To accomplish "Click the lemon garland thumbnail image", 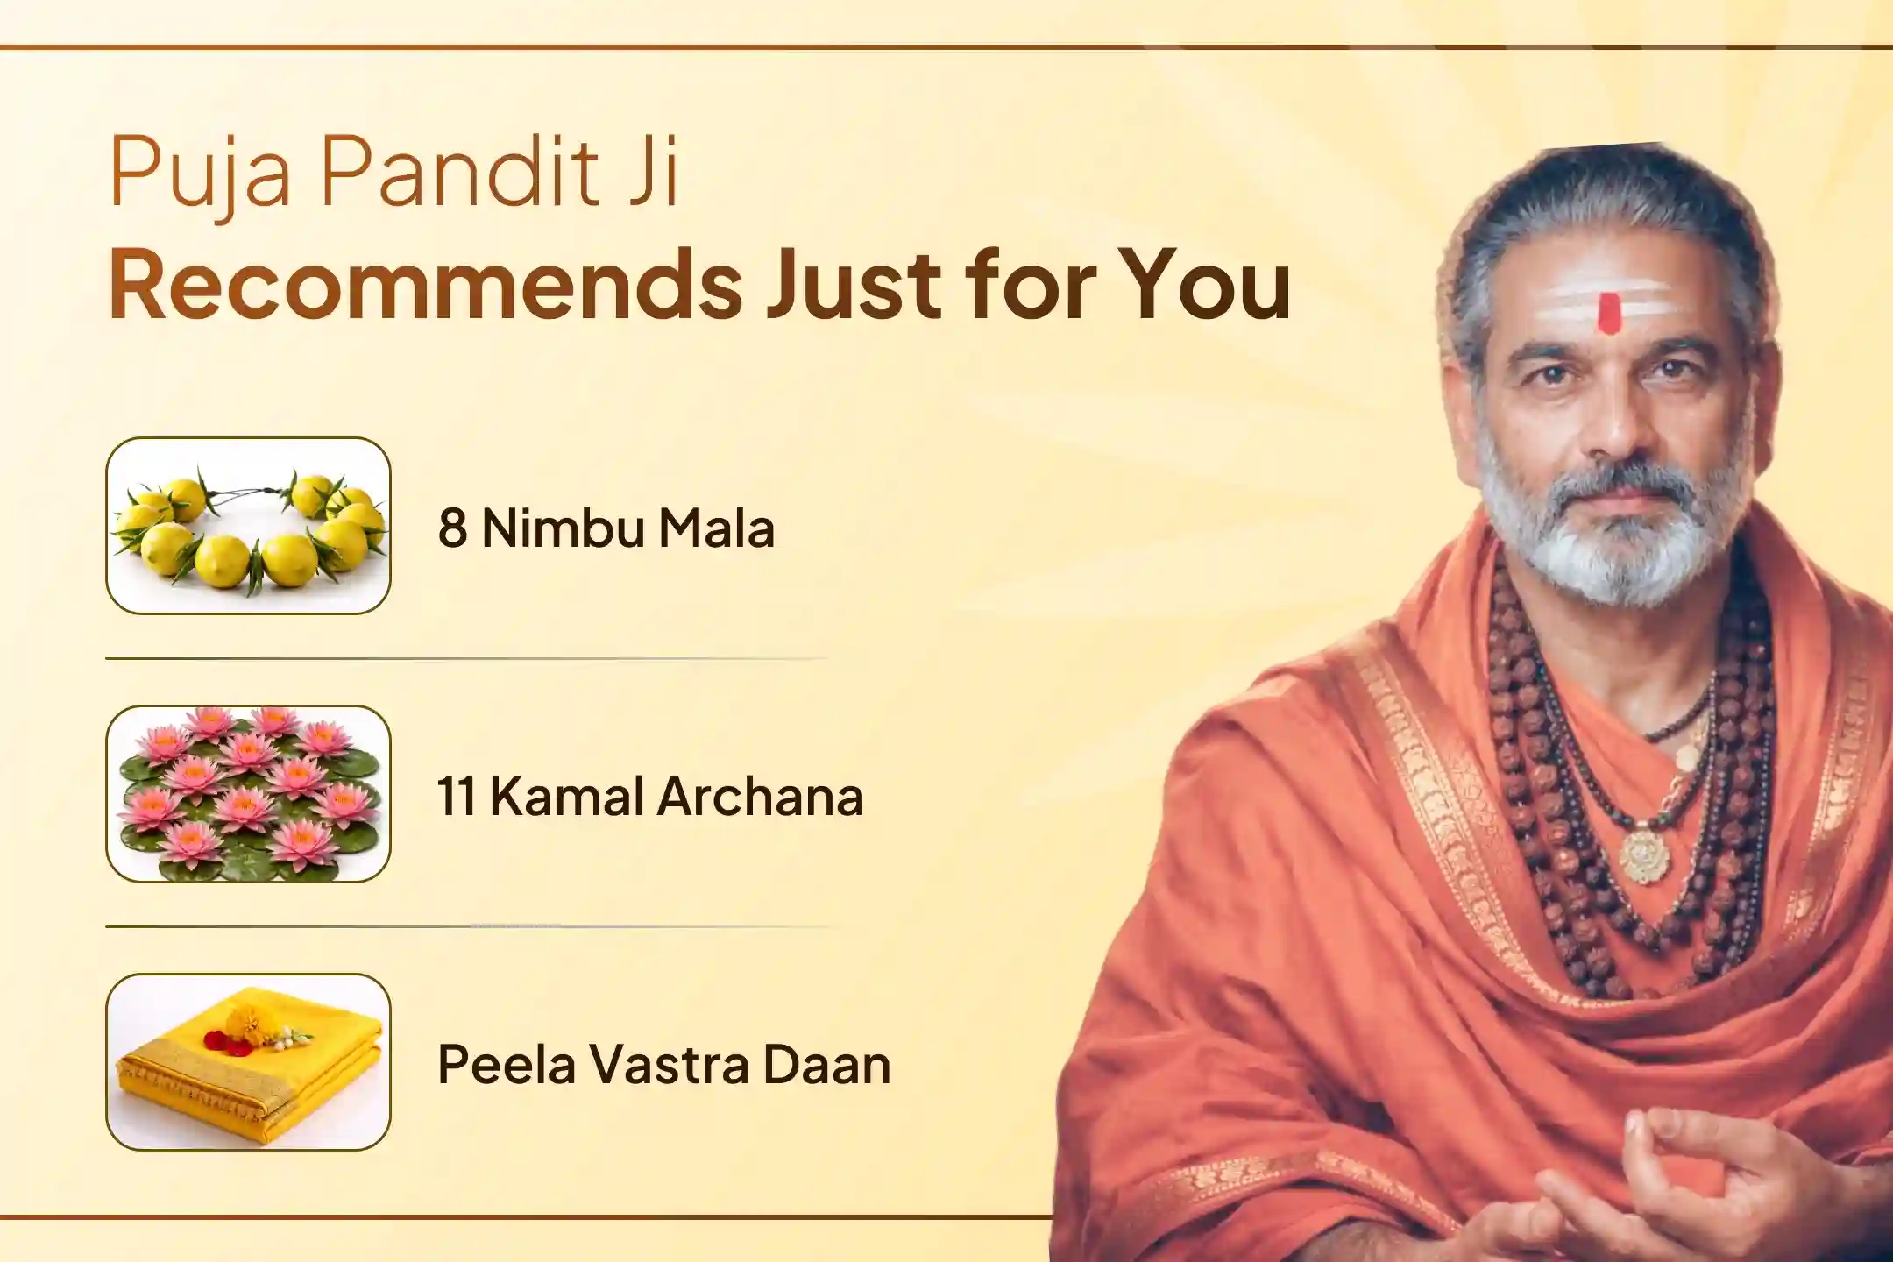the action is [248, 526].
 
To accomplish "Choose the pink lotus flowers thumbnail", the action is [248, 794].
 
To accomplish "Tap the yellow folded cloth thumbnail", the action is [248, 1061].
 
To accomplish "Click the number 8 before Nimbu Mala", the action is [452, 528].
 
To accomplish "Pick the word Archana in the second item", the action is [761, 797].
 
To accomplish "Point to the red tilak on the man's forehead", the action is [1608, 313].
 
